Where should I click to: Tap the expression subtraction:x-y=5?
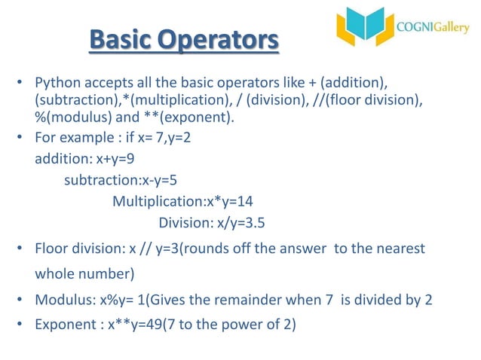(x=121, y=181)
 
